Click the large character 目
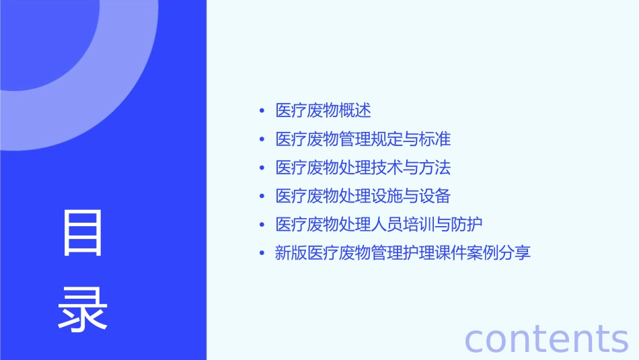coord(83,233)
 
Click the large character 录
coord(83,310)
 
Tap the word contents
coord(546,338)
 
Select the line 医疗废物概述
coord(323,111)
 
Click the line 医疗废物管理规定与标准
coord(363,139)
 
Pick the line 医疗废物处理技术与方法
coord(363,168)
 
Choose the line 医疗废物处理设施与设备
coord(363,196)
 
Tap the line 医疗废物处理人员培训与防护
coord(379,225)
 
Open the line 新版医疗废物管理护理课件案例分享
coord(403,254)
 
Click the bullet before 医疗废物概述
coord(262,111)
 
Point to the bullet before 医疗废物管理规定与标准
coord(262,140)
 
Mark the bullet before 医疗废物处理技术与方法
coord(262,168)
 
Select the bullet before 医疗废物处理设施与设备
coord(262,196)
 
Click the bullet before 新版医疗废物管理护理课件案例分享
coord(262,254)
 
